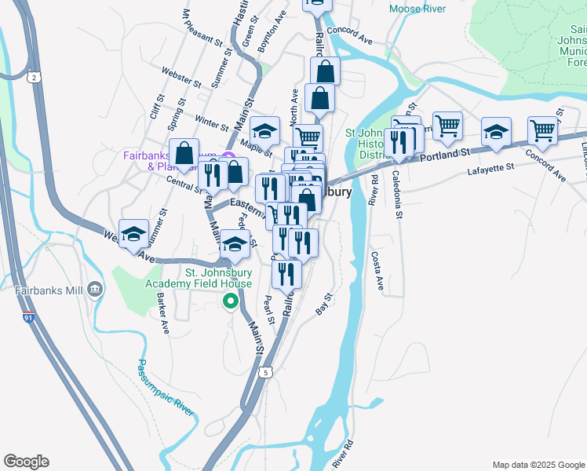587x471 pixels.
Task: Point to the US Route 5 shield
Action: pyautogui.click(x=268, y=372)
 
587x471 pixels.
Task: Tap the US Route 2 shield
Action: pyautogui.click(x=33, y=76)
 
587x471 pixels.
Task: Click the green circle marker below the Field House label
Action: pyautogui.click(x=230, y=301)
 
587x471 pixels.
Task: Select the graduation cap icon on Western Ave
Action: pyautogui.click(x=134, y=234)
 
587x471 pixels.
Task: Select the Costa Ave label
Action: pyautogui.click(x=377, y=273)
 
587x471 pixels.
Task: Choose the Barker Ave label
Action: pyautogui.click(x=162, y=313)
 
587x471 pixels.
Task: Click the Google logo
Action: pyautogui.click(x=26, y=462)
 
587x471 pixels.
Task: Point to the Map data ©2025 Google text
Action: pyautogui.click(x=538, y=465)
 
